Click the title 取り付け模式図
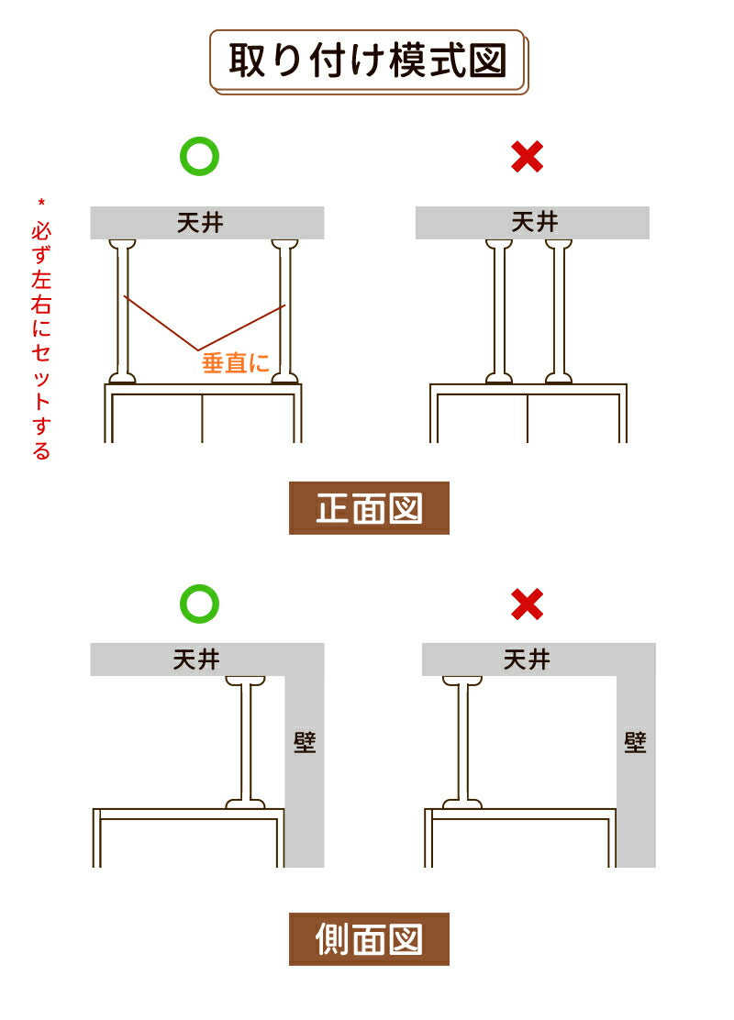tap(368, 61)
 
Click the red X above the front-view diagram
tap(527, 157)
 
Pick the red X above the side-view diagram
tap(527, 604)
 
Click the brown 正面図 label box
tap(369, 508)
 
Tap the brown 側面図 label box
tap(369, 938)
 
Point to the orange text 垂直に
tap(236, 362)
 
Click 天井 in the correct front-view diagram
tap(200, 223)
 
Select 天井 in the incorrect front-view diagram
tap(535, 222)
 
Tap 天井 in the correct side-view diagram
tap(196, 660)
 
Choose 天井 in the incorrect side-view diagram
tap(527, 660)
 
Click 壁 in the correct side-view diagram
tap(305, 741)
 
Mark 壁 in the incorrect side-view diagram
tap(635, 741)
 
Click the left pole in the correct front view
tap(122, 311)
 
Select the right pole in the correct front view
tap(285, 311)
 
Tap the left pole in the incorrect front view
tap(499, 311)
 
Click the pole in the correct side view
tap(245, 742)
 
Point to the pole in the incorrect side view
tap(462, 742)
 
